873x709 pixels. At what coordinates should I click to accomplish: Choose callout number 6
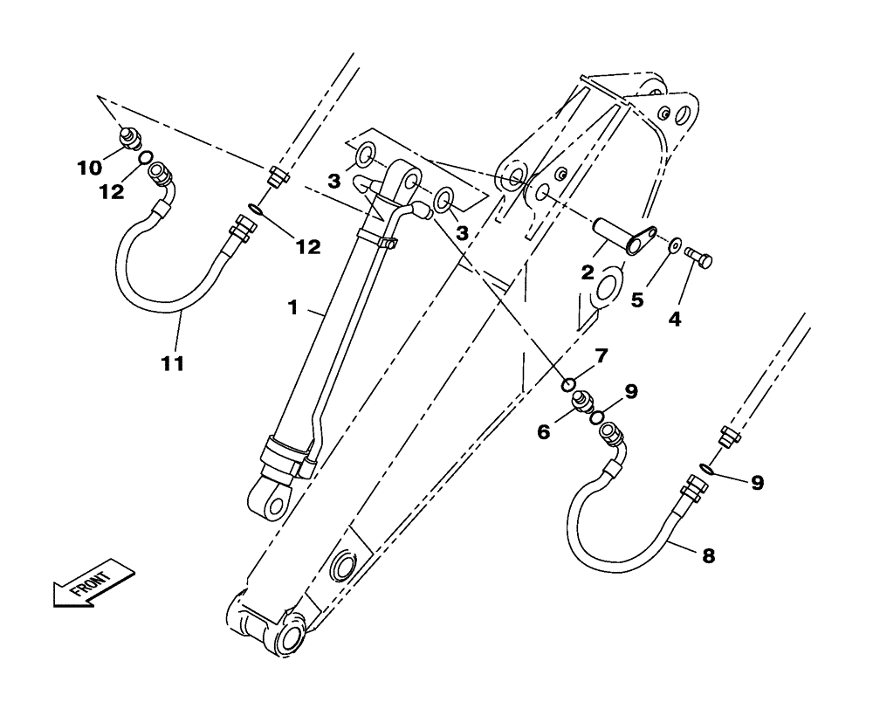pyautogui.click(x=544, y=430)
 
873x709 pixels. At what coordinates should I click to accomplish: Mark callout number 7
pyautogui.click(x=601, y=356)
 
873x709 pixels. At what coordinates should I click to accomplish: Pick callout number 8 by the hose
pyautogui.click(x=708, y=554)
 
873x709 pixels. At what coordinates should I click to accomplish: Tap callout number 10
pyautogui.click(x=88, y=166)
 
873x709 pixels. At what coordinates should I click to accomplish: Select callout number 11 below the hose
pyautogui.click(x=173, y=363)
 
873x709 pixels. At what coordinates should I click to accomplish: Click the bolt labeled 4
pyautogui.click(x=699, y=257)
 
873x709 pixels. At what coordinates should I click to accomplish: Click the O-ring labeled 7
pyautogui.click(x=567, y=384)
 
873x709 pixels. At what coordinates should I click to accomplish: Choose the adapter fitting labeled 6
pyautogui.click(x=581, y=402)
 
